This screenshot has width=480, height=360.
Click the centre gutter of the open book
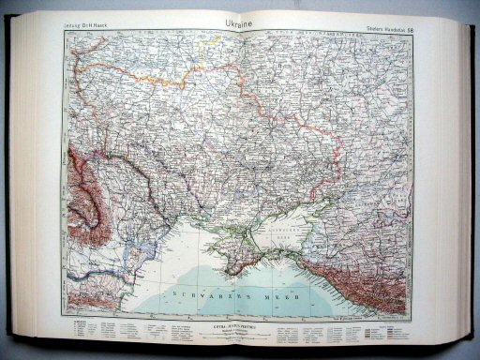click(241, 169)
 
